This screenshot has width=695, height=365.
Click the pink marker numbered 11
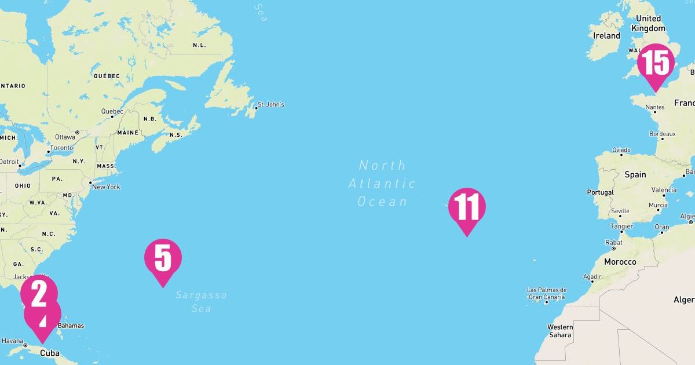pyautogui.click(x=467, y=207)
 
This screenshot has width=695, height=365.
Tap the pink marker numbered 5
pyautogui.click(x=163, y=258)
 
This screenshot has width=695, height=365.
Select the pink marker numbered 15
pyautogui.click(x=656, y=63)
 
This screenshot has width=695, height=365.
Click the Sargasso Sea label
pyautogui.click(x=201, y=302)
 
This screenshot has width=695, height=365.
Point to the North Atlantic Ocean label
pyautogui.click(x=382, y=184)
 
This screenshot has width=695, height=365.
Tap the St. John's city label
pyautogui.click(x=270, y=105)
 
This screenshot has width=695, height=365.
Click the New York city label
pyautogui.click(x=106, y=187)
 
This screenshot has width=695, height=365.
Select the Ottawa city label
pyautogui.click(x=65, y=137)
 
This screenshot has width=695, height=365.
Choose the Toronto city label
pyautogui.click(x=61, y=148)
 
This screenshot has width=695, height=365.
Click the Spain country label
pyautogui.click(x=635, y=174)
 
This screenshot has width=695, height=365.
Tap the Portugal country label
pyautogui.click(x=600, y=192)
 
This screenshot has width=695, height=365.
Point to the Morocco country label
pyautogui.click(x=620, y=262)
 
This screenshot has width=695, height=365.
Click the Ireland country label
pyautogui.click(x=606, y=36)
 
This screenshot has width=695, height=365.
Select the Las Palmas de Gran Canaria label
pyautogui.click(x=547, y=294)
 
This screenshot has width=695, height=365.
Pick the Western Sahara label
pyautogui.click(x=560, y=331)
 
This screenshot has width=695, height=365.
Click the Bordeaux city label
pyautogui.click(x=662, y=134)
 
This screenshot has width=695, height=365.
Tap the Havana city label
pyautogui.click(x=12, y=341)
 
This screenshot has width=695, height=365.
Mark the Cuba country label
pyautogui.click(x=50, y=353)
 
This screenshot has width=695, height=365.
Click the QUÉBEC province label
pyautogui.click(x=107, y=76)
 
